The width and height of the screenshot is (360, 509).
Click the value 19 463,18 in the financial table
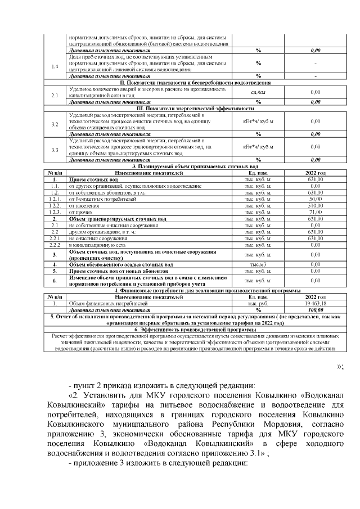coord(315,303)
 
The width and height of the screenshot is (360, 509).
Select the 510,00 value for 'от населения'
coord(315,206)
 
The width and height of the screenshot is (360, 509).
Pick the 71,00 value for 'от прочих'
coord(315,212)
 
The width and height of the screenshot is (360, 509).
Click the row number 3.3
coord(55,150)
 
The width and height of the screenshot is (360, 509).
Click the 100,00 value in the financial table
coord(315,309)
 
